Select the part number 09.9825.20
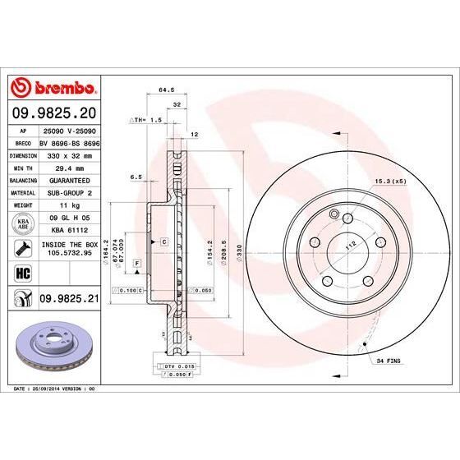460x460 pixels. coord(54,112)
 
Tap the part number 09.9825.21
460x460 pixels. coord(68,301)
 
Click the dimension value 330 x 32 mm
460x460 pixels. coord(68,154)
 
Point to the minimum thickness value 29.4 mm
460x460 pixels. coord(68,167)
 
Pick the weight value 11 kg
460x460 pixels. coord(68,205)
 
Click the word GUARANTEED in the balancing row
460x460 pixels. coord(68,179)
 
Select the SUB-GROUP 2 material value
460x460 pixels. coord(68,192)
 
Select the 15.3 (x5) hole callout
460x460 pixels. coord(390,181)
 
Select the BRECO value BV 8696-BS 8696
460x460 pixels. coord(68,142)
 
